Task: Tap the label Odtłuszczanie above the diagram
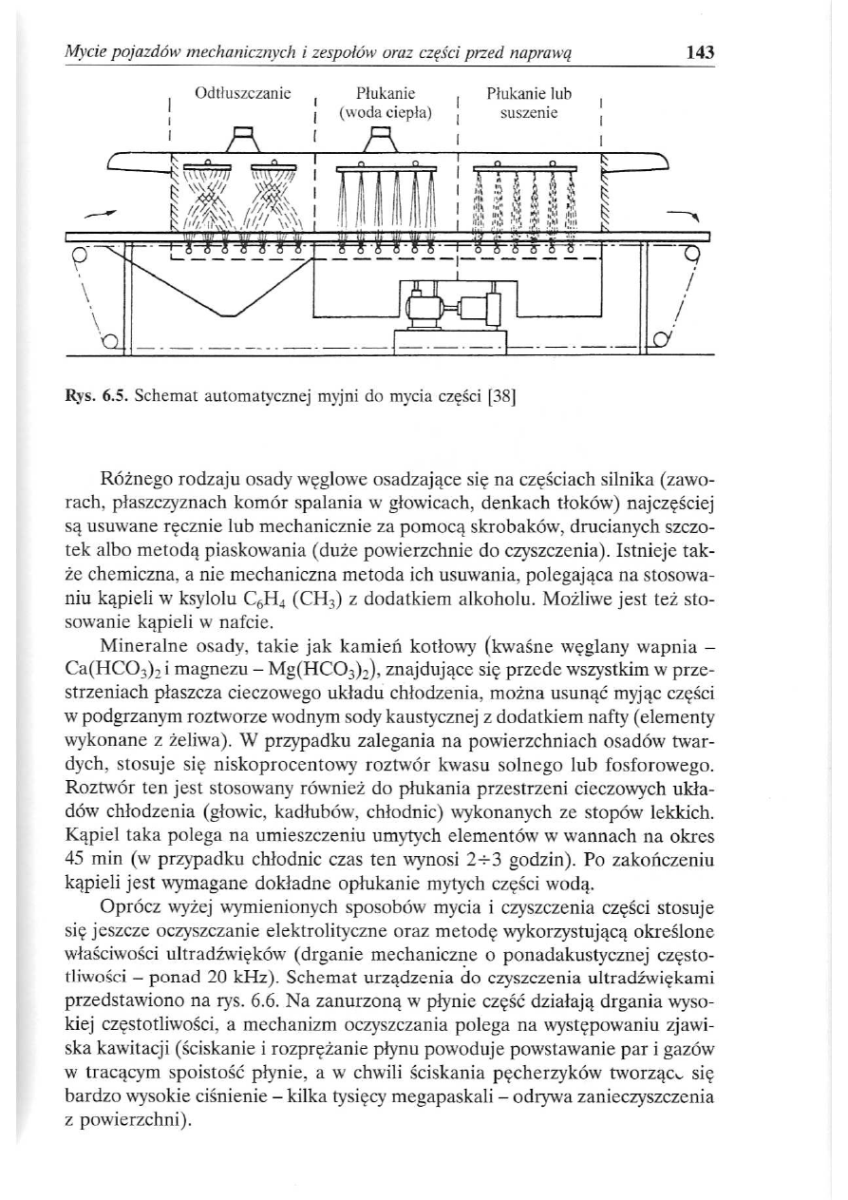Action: [241, 94]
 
